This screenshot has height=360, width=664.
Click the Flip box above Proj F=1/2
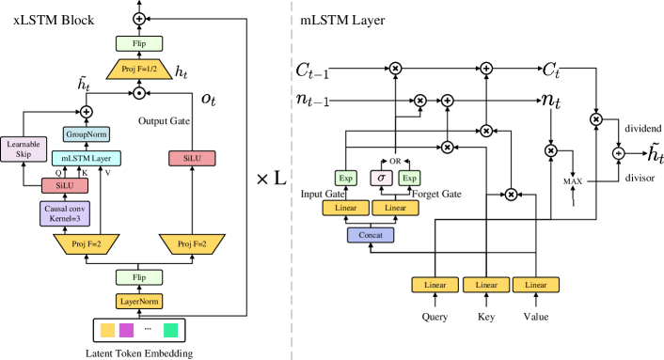click(139, 43)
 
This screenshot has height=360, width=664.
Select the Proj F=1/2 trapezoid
click(139, 70)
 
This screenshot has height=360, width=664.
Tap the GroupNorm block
click(87, 134)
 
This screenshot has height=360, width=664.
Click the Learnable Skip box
click(24, 149)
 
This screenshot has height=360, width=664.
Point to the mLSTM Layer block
click(87, 159)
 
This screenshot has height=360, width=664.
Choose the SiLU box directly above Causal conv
click(65, 186)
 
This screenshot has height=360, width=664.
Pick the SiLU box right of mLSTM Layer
click(192, 159)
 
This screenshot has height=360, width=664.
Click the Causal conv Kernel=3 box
click(65, 213)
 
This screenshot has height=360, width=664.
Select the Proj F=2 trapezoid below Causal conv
click(87, 244)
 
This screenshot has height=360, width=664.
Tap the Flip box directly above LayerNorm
click(139, 277)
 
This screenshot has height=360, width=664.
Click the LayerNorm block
click(139, 302)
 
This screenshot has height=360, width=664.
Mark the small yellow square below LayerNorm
click(108, 329)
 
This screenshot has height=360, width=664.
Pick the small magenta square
click(126, 329)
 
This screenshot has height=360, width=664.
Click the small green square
click(171, 329)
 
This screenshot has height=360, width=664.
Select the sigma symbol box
click(381, 178)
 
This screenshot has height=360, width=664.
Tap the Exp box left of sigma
click(346, 178)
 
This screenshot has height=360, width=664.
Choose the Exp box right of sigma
click(409, 178)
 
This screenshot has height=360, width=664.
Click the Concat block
click(371, 235)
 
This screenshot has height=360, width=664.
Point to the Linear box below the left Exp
click(346, 208)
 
